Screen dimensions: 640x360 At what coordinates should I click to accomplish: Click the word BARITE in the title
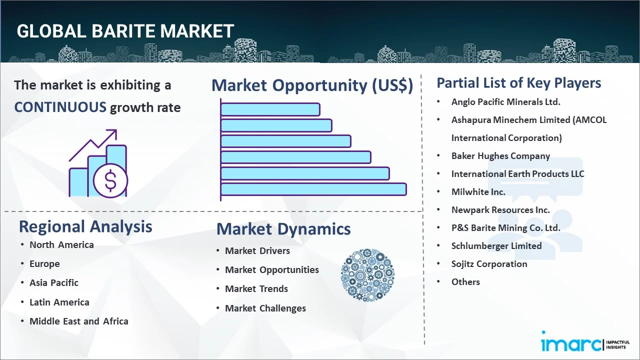(x=124, y=31)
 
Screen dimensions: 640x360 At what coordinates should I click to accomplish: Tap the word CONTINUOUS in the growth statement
(x=60, y=107)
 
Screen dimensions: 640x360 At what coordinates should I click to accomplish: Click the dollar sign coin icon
(x=110, y=180)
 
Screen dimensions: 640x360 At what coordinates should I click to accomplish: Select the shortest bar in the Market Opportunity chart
(x=270, y=109)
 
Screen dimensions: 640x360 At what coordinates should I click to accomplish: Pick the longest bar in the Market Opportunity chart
(x=313, y=189)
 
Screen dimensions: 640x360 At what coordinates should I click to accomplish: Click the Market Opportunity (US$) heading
(x=312, y=85)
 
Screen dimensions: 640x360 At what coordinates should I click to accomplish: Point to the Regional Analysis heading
(x=85, y=226)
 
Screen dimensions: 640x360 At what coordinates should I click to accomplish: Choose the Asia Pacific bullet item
(x=54, y=282)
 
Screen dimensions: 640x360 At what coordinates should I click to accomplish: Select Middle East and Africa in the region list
(x=79, y=321)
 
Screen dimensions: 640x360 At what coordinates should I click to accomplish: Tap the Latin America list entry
(x=59, y=302)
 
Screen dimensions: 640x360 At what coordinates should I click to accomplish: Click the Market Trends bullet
(x=256, y=289)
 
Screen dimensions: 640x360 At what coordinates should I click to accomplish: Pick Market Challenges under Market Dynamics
(x=265, y=308)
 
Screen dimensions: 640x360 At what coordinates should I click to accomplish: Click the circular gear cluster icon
(x=367, y=275)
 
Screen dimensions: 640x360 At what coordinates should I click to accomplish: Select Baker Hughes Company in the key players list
(x=500, y=156)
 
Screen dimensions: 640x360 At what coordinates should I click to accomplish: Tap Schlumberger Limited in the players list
(x=496, y=246)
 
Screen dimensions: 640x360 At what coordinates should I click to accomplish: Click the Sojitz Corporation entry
(x=489, y=264)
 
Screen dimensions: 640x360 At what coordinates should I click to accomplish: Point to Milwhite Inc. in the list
(x=478, y=192)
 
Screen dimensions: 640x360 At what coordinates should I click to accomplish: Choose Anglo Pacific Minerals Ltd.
(x=505, y=102)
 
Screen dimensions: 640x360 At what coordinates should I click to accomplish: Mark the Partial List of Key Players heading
(x=519, y=83)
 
